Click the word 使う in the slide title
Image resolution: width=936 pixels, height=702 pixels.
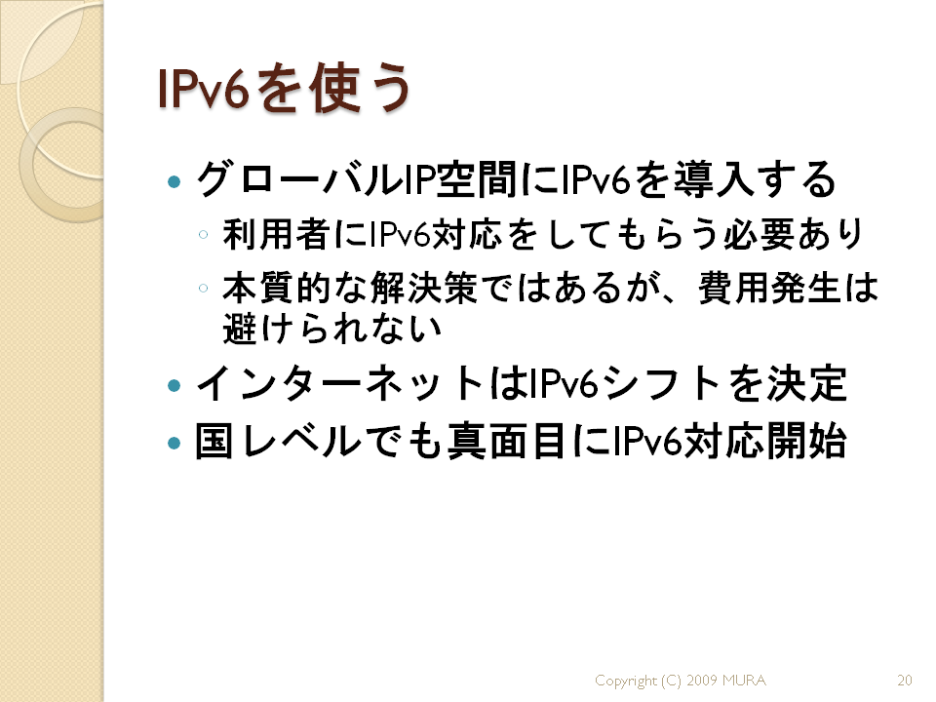click(361, 89)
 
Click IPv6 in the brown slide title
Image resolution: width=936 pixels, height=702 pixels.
click(203, 89)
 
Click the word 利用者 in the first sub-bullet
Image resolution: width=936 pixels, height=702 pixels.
click(276, 234)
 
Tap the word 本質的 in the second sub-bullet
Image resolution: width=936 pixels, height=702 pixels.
click(276, 288)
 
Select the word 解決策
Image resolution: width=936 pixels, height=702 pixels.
click(423, 288)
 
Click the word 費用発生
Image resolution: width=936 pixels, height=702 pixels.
click(770, 288)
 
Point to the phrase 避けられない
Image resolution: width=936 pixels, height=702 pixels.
click(331, 328)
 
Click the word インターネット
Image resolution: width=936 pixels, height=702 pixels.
click(339, 384)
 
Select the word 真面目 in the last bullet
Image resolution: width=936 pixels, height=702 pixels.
click(506, 442)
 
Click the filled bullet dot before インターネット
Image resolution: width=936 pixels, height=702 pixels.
click(175, 385)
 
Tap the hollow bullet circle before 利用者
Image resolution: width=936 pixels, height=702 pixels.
click(204, 235)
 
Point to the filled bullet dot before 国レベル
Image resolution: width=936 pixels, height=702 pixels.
click(175, 443)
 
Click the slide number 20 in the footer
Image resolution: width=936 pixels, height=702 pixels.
click(905, 680)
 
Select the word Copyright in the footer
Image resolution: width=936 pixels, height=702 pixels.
click(626, 681)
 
